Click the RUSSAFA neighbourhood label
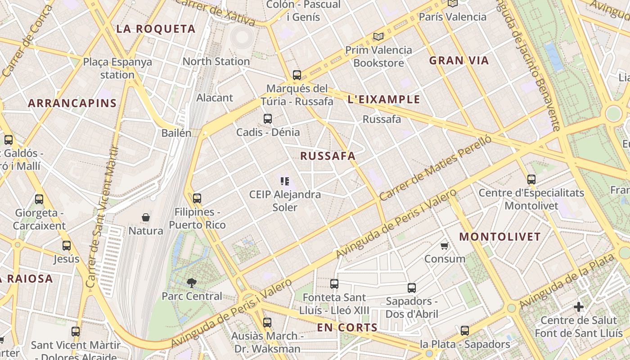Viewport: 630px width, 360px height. (328, 156)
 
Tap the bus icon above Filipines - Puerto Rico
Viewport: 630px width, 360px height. (197, 198)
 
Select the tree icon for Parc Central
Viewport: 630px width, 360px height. (192, 283)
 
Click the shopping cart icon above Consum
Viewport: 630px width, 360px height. (445, 246)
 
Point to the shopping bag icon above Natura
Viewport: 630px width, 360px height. (146, 217)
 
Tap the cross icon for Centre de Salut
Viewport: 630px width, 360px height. (579, 307)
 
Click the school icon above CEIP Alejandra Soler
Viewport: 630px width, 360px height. (285, 181)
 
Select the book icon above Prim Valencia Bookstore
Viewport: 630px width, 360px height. (378, 36)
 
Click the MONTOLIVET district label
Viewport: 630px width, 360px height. (499, 237)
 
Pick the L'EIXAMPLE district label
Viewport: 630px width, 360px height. (384, 99)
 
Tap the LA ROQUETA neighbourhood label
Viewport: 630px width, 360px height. (156, 29)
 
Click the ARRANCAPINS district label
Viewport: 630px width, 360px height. (72, 103)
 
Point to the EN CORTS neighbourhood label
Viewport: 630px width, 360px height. (347, 328)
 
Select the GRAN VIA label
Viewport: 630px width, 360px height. (459, 61)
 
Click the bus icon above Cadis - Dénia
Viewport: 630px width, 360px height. (268, 119)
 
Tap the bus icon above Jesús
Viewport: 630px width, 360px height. (67, 246)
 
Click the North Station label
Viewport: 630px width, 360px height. (216, 61)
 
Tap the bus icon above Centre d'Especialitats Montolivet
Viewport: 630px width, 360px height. (531, 180)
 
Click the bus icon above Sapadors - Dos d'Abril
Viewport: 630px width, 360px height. (412, 288)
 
